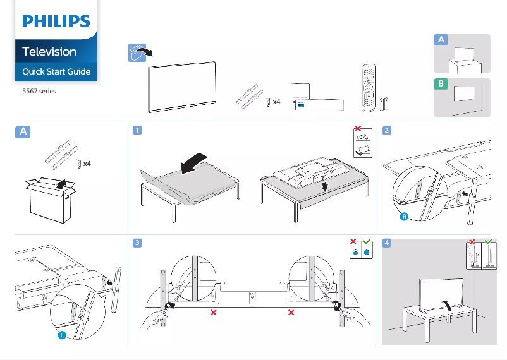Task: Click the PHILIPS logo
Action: (56, 21)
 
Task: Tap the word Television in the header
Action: (49, 52)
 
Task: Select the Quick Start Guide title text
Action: (56, 71)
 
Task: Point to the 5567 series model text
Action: (39, 92)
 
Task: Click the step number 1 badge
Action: (137, 131)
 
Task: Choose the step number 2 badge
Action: (387, 131)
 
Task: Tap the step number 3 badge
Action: (137, 243)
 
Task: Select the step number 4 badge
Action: (387, 243)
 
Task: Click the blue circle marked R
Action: (403, 217)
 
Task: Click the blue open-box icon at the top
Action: (135, 53)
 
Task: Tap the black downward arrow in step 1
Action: (324, 187)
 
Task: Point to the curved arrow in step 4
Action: (448, 306)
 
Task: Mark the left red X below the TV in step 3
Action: (214, 313)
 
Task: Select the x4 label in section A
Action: (87, 164)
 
